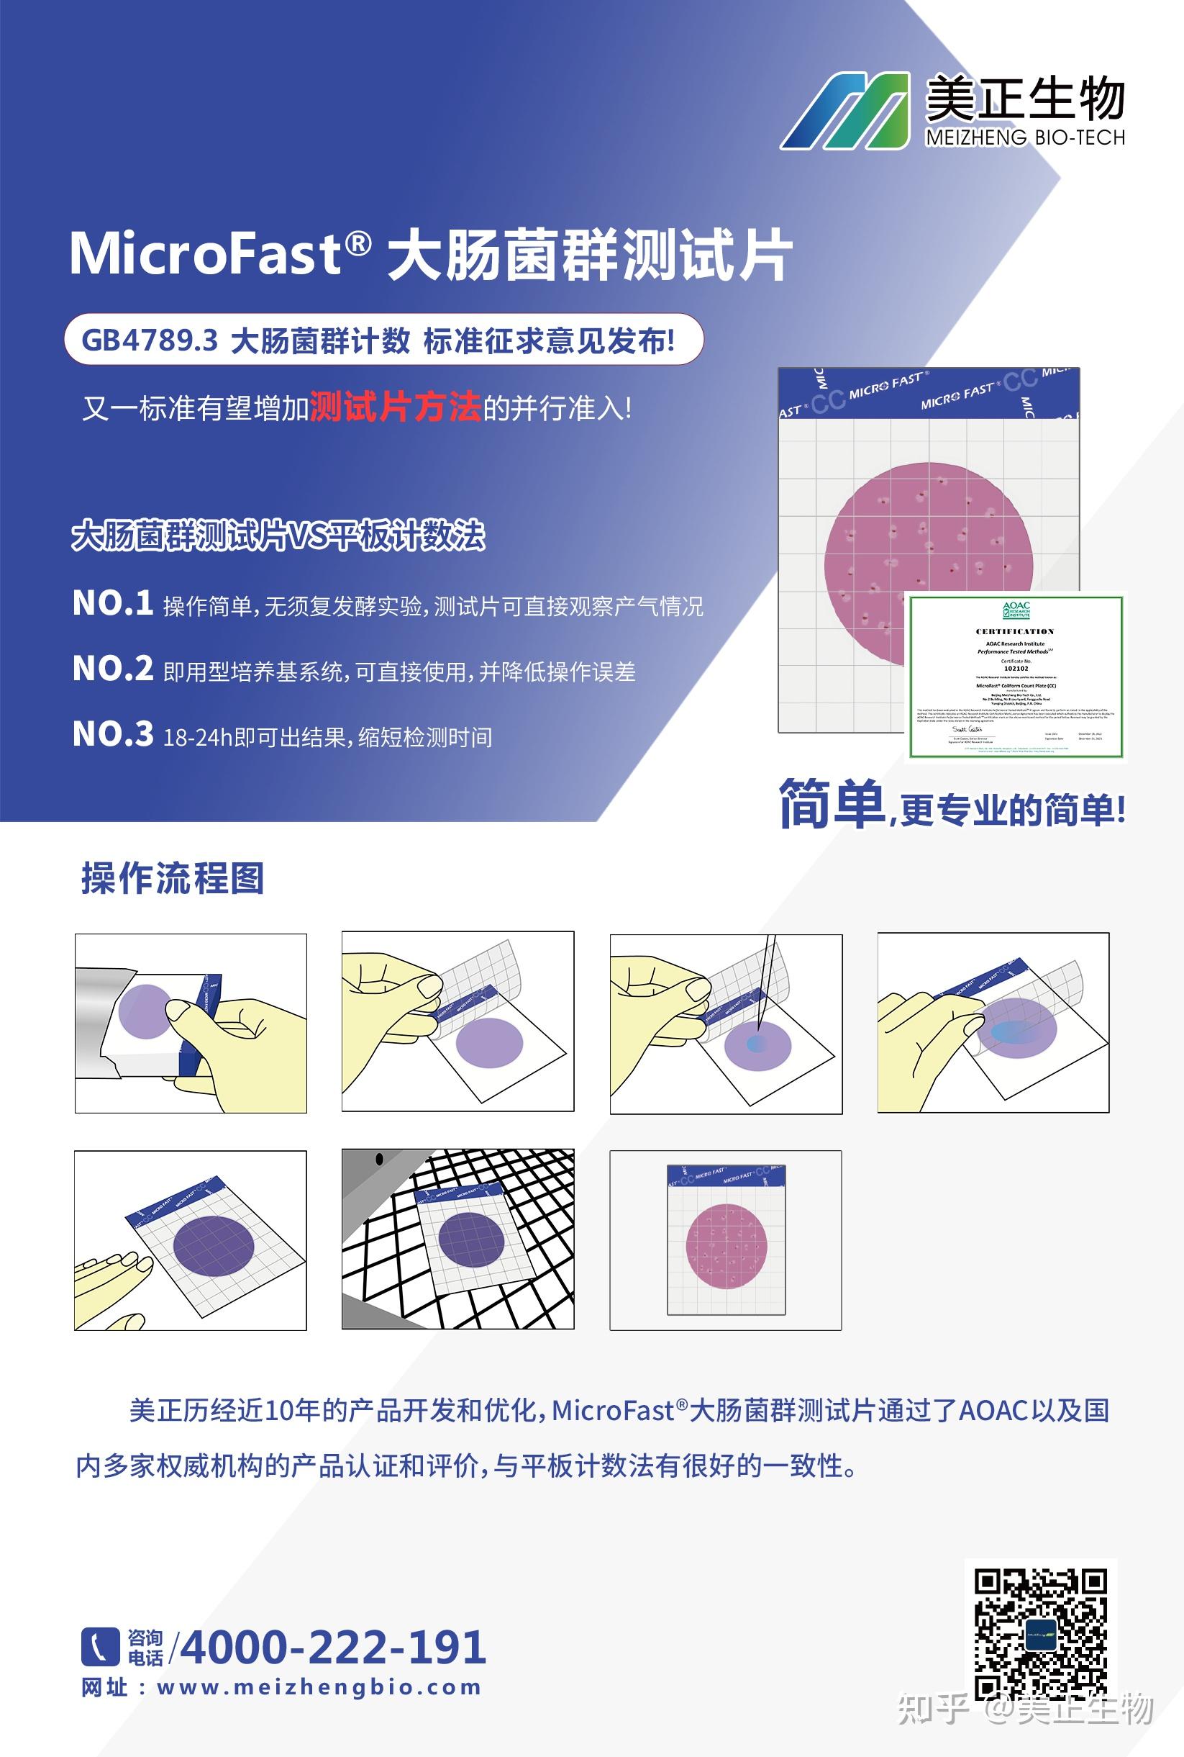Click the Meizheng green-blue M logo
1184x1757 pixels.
pyautogui.click(x=845, y=110)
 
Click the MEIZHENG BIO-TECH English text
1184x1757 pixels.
pyautogui.click(x=1025, y=137)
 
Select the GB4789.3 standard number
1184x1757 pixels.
pyautogui.click(x=149, y=340)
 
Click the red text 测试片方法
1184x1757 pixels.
pyautogui.click(x=395, y=408)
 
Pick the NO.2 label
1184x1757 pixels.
pyautogui.click(x=112, y=669)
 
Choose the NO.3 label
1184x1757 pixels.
pyautogui.click(x=112, y=734)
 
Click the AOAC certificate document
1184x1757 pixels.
pyautogui.click(x=1016, y=677)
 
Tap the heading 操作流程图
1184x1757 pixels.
pyautogui.click(x=173, y=877)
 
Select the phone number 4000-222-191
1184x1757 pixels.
pyautogui.click(x=333, y=1647)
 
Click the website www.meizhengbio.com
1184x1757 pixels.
pyautogui.click(x=319, y=1687)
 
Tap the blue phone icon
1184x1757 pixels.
pyautogui.click(x=100, y=1647)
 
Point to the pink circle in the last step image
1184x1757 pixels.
pyautogui.click(x=726, y=1246)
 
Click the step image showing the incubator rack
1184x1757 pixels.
pyautogui.click(x=457, y=1239)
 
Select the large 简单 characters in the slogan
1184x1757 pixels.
pyautogui.click(x=832, y=805)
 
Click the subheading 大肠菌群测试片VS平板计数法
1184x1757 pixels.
pyautogui.click(x=278, y=536)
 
